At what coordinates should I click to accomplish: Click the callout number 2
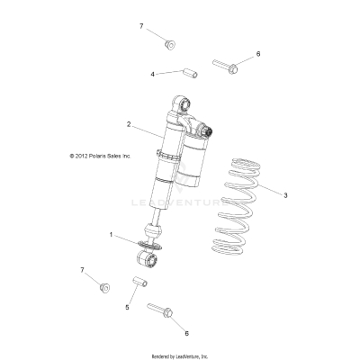129,123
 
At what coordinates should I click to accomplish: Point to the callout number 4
152,73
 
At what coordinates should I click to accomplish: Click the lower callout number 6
185,333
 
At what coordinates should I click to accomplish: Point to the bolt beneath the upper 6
224,64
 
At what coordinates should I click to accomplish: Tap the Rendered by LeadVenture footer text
180,355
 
